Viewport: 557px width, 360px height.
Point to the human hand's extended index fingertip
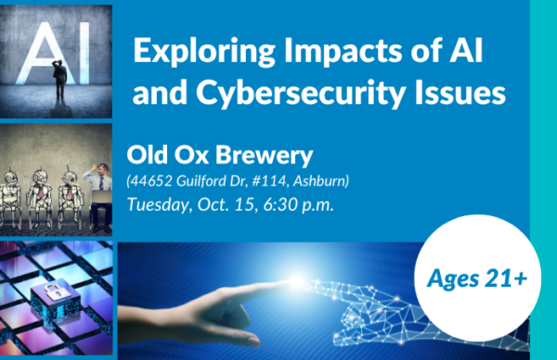tap(288, 279)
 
